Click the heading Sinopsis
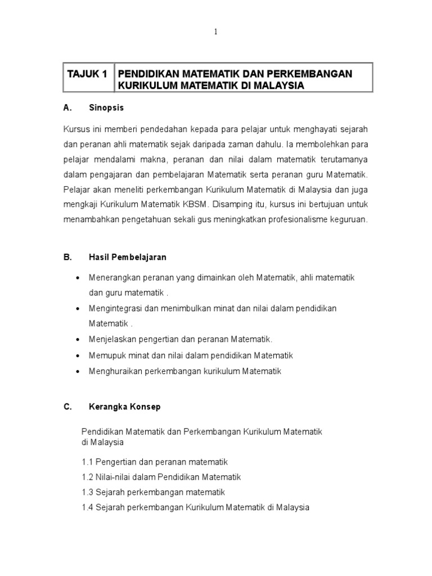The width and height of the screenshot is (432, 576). pyautogui.click(x=106, y=107)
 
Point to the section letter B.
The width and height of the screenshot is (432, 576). pyautogui.click(x=67, y=257)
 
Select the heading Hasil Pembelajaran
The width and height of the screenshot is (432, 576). pyautogui.click(x=127, y=257)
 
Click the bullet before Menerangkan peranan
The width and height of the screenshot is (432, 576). pyautogui.click(x=77, y=278)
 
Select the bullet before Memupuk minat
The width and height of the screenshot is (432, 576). pyautogui.click(x=77, y=356)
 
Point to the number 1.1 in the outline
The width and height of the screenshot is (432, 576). pyautogui.click(x=87, y=462)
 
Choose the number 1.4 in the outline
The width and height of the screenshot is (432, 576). pyautogui.click(x=87, y=507)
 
